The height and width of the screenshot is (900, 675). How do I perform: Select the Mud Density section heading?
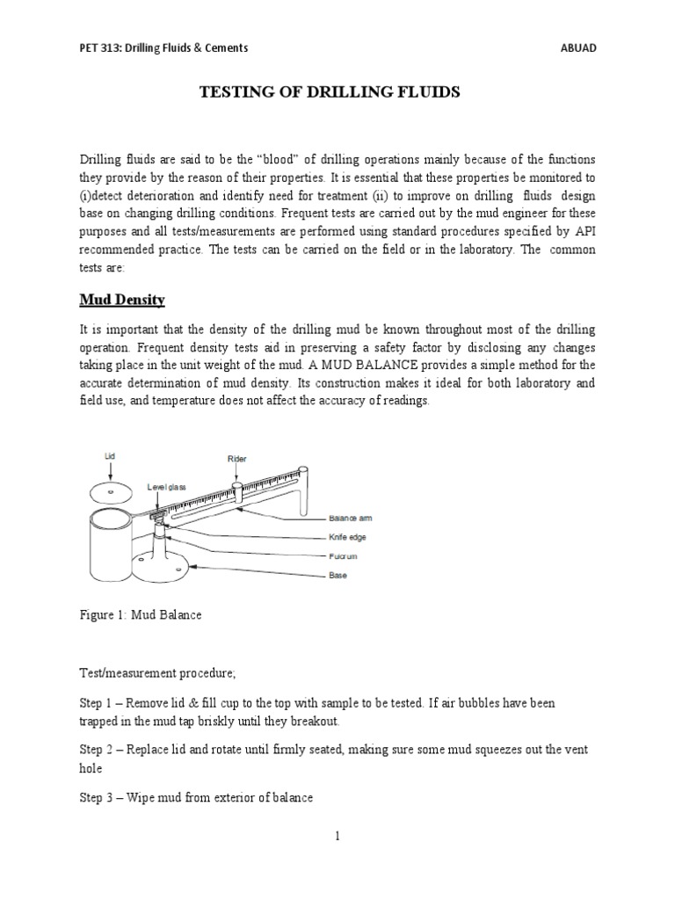(x=122, y=300)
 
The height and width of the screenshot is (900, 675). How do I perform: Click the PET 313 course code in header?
(x=98, y=47)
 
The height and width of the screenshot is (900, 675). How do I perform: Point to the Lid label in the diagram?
(x=109, y=457)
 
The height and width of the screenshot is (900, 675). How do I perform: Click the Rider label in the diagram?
(x=236, y=459)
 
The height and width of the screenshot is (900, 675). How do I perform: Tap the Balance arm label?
(x=351, y=517)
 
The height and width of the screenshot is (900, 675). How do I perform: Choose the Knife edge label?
(x=348, y=536)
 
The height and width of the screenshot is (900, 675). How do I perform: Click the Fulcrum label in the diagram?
(x=344, y=555)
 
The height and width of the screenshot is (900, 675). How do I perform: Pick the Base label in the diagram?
(x=337, y=575)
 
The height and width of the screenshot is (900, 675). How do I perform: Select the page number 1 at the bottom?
(x=337, y=836)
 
